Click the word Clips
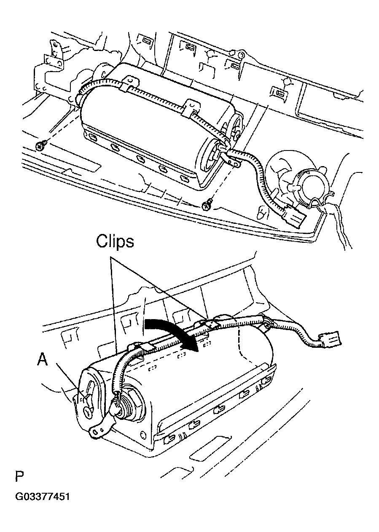(x=115, y=242)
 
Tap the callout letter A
(x=42, y=359)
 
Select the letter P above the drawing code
(x=19, y=477)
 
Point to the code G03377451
(x=42, y=496)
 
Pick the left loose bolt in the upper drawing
(x=40, y=145)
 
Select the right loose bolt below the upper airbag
(x=206, y=205)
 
